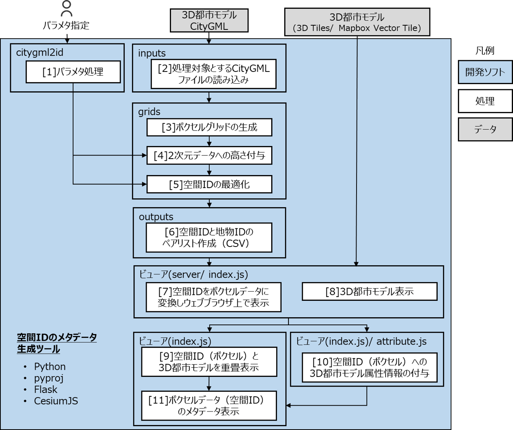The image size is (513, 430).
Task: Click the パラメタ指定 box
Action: [66, 25]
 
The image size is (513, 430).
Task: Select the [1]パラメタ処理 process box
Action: [73, 72]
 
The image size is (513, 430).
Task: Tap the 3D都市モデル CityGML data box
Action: [209, 21]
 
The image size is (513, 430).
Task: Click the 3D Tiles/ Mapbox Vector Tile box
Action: [357, 23]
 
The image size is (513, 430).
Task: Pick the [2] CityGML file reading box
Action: [214, 74]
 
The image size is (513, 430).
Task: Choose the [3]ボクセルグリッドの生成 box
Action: [209, 127]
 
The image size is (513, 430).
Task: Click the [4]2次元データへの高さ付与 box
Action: [209, 155]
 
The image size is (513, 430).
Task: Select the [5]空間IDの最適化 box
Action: [209, 184]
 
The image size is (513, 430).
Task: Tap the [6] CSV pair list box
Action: [209, 237]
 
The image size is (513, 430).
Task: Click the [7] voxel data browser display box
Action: [213, 297]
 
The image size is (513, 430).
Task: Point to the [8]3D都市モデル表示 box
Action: [370, 291]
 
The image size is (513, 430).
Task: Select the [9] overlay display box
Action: [209, 362]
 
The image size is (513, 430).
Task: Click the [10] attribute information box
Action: [370, 367]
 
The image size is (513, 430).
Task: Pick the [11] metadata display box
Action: [209, 406]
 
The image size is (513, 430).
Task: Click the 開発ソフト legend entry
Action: [485, 72]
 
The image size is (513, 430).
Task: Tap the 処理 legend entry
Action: [485, 101]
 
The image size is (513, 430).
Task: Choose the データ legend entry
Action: [485, 129]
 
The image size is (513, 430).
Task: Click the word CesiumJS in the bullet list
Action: [56, 401]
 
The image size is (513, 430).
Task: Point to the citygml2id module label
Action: [40, 53]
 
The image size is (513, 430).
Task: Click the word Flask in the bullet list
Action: [45, 390]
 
